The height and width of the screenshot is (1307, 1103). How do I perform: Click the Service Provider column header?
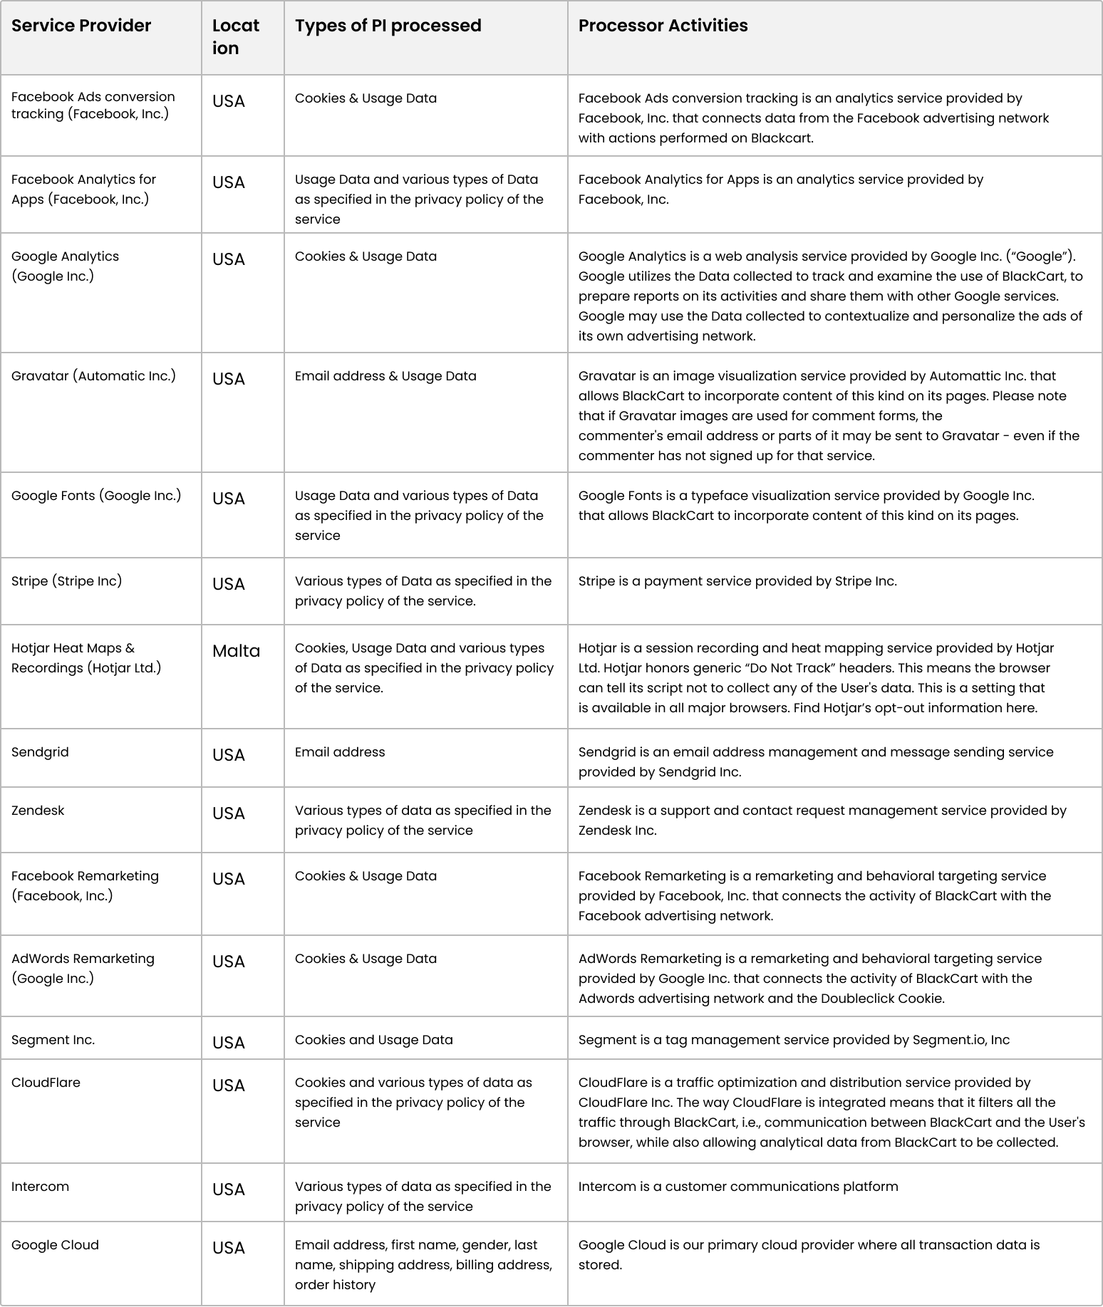[81, 26]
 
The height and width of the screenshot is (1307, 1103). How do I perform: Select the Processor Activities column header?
[663, 26]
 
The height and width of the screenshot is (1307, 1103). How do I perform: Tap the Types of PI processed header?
[388, 26]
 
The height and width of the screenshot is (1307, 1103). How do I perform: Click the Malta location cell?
[236, 651]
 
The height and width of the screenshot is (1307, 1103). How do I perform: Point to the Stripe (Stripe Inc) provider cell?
[66, 581]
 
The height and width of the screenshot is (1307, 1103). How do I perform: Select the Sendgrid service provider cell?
[40, 752]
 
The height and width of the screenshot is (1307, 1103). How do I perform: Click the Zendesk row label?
[38, 811]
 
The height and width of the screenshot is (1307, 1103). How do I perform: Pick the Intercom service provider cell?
[40, 1187]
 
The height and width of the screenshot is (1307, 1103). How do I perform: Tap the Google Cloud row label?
[55, 1245]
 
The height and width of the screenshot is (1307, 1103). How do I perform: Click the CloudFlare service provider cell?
[46, 1083]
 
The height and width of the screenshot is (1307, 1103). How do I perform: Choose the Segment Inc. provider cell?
[53, 1040]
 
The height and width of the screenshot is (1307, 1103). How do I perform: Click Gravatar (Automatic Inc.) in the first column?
[93, 376]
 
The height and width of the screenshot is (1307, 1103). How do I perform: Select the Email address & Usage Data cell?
[385, 376]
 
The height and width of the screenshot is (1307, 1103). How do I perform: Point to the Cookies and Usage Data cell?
[373, 1040]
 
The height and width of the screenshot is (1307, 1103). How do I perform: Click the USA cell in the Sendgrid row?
[228, 755]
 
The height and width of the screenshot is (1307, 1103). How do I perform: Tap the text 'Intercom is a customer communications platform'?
[737, 1187]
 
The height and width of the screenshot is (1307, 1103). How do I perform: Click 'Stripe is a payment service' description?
[737, 581]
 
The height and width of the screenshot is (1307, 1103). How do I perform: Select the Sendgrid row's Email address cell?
[340, 752]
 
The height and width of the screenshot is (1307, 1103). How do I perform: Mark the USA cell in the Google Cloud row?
[228, 1248]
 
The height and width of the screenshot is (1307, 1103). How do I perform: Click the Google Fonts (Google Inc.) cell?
[96, 496]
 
